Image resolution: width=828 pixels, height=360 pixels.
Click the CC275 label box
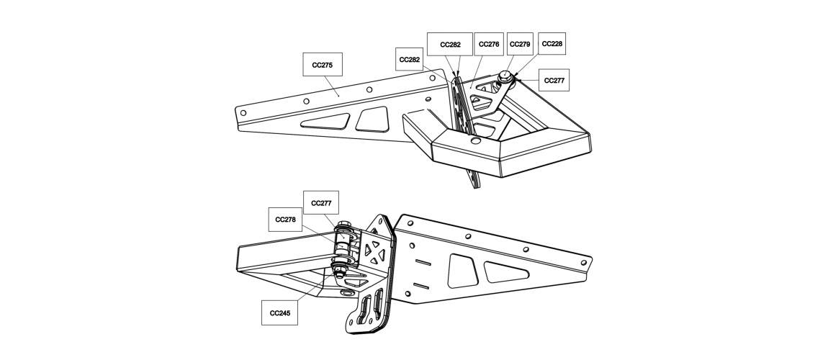click(x=322, y=64)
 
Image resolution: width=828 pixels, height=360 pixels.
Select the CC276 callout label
click(x=489, y=45)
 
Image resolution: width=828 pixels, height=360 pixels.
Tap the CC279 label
click(x=520, y=45)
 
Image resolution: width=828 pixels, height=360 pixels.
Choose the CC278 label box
click(x=286, y=219)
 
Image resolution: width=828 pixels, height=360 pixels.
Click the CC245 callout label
click(x=280, y=312)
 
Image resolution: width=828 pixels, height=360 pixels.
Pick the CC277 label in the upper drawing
click(x=554, y=80)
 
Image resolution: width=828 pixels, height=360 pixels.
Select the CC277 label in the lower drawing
click(x=321, y=203)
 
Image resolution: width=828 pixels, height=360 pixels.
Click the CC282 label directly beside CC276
click(x=450, y=45)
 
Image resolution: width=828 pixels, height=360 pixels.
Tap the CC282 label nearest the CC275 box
click(x=410, y=59)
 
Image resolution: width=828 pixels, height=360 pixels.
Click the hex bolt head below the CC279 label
click(x=505, y=77)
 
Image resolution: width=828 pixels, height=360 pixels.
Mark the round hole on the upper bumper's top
click(x=476, y=140)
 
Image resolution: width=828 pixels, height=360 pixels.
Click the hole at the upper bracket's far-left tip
click(x=243, y=112)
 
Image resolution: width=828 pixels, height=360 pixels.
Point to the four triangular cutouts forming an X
click(x=375, y=251)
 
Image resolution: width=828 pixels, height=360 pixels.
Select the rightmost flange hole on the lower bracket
click(x=583, y=262)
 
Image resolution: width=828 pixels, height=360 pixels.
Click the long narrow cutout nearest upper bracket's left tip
click(x=325, y=121)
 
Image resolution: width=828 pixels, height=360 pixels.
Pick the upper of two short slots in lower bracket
click(x=423, y=262)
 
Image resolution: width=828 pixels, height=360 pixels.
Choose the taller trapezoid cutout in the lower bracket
click(x=463, y=271)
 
